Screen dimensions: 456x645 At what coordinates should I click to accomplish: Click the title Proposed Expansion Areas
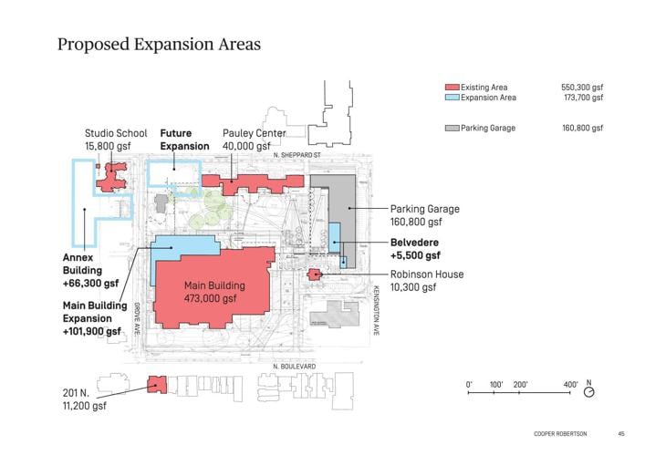[x=160, y=44]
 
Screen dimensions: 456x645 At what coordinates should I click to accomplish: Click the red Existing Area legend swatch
[x=451, y=88]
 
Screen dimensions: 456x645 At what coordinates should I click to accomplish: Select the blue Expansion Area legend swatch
[x=451, y=98]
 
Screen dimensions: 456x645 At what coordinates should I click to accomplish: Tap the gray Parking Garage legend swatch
[x=451, y=129]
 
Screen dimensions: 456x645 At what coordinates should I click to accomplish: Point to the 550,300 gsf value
[x=582, y=88]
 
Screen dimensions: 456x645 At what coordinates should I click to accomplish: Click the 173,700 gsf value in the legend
[x=582, y=98]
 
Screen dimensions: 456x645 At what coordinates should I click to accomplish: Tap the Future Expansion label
[x=184, y=140]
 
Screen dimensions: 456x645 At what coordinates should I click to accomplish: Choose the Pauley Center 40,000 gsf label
[x=254, y=140]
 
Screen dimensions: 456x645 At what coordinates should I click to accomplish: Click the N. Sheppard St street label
[x=298, y=156]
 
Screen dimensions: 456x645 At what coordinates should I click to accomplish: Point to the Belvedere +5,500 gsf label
[x=415, y=249]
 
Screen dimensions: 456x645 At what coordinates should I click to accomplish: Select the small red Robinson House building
[x=313, y=275]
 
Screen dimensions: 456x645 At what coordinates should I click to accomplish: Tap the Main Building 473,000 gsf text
[x=211, y=291]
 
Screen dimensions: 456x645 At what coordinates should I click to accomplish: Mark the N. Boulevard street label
[x=294, y=367]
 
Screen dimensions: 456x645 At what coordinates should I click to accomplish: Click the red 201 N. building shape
[x=156, y=387]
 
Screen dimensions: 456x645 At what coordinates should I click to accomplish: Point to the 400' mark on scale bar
[x=571, y=384]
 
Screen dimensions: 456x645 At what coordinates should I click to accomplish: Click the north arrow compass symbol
[x=589, y=391]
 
